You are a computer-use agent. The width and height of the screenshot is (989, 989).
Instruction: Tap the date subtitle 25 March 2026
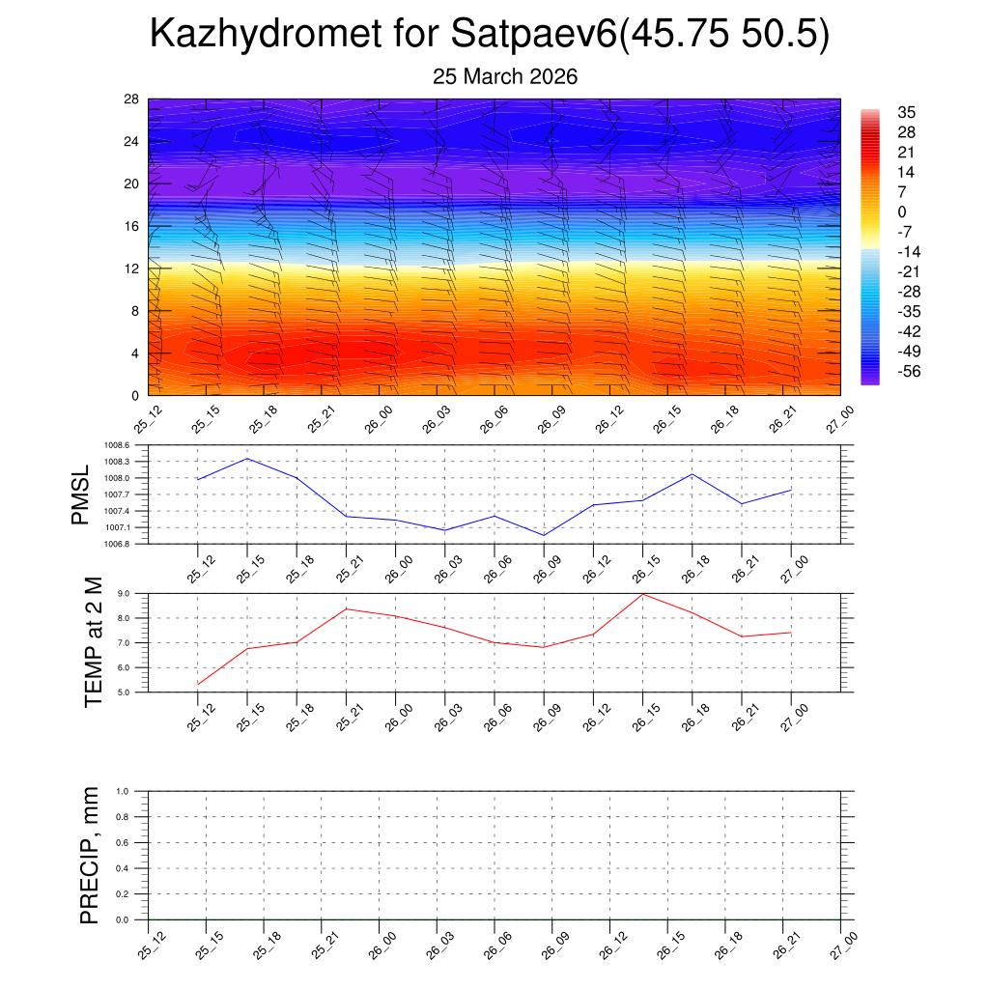tap(505, 77)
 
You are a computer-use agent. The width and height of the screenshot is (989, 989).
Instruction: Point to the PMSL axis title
tap(80, 494)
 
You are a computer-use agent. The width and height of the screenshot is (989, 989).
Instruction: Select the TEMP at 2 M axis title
tap(93, 642)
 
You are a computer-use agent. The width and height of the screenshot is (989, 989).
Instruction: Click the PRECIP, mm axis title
tap(90, 855)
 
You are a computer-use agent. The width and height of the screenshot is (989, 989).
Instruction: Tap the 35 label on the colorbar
tap(905, 112)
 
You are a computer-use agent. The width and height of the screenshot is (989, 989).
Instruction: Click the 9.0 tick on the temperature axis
tap(136, 593)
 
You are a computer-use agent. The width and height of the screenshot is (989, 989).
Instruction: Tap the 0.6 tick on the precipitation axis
tap(135, 842)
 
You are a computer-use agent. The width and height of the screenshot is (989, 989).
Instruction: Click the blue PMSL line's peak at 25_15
tap(247, 458)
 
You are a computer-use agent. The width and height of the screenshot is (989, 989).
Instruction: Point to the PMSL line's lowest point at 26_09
tap(544, 535)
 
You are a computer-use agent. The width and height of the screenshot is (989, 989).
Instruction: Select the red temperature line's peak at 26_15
tap(643, 593)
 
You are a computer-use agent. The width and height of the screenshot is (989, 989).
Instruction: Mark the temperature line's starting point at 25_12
tap(198, 684)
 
